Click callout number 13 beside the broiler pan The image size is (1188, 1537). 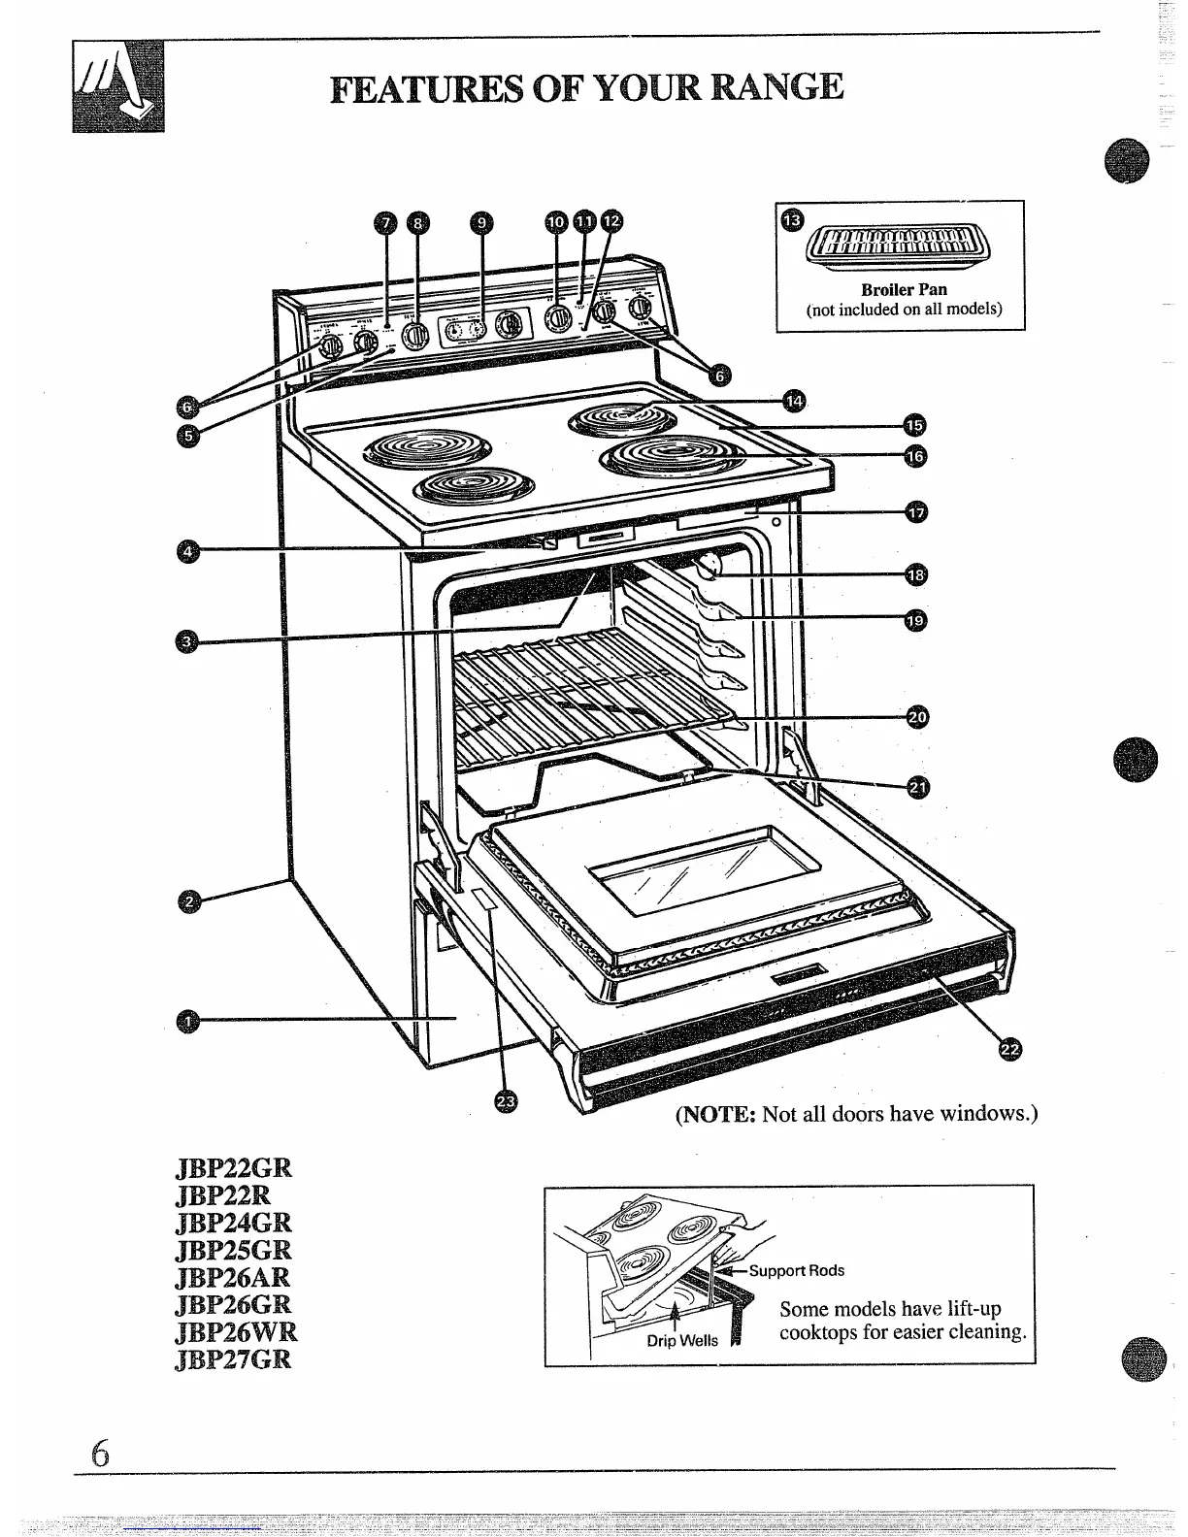(x=792, y=220)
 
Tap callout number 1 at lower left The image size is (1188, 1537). (x=190, y=1019)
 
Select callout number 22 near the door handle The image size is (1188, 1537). (x=1009, y=1048)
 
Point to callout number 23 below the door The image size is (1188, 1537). (x=506, y=1100)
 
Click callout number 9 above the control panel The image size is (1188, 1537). (x=481, y=222)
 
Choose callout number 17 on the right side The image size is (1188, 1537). (x=917, y=511)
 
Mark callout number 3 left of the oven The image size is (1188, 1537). (x=188, y=640)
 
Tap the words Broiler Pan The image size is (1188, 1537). (x=904, y=289)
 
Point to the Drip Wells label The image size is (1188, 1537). (x=682, y=1340)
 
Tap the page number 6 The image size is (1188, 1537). (x=100, y=1455)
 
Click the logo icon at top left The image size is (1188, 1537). (x=118, y=88)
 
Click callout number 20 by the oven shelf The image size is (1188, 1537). (x=916, y=717)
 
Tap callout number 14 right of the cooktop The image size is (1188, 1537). (x=795, y=400)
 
